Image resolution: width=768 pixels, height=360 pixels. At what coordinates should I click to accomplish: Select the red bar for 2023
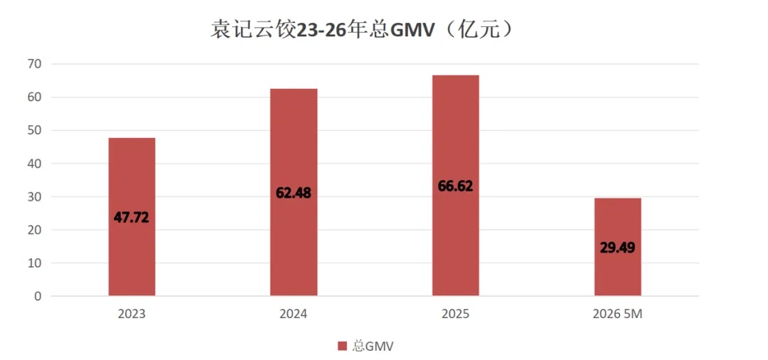[132, 217]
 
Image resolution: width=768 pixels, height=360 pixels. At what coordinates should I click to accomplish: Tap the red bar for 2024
[294, 193]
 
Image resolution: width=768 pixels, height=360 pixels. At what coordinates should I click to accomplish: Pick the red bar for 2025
[456, 186]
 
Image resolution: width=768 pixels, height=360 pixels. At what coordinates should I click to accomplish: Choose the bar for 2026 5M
[618, 247]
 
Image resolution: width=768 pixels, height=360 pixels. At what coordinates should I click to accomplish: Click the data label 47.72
[132, 218]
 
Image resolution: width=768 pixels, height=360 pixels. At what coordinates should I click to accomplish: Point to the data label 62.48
[294, 193]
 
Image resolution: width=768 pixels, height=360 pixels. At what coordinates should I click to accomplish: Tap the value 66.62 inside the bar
[456, 186]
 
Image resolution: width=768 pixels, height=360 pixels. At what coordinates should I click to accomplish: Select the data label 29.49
[618, 248]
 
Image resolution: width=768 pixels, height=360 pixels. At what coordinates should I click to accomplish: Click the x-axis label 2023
[132, 314]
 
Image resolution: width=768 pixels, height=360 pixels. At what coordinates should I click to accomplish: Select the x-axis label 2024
[294, 314]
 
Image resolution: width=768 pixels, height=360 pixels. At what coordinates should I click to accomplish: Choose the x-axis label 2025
[456, 314]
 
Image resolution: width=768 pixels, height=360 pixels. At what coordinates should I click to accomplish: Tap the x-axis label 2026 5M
[617, 314]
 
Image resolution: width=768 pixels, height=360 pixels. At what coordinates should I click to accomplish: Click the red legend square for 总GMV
[342, 346]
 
